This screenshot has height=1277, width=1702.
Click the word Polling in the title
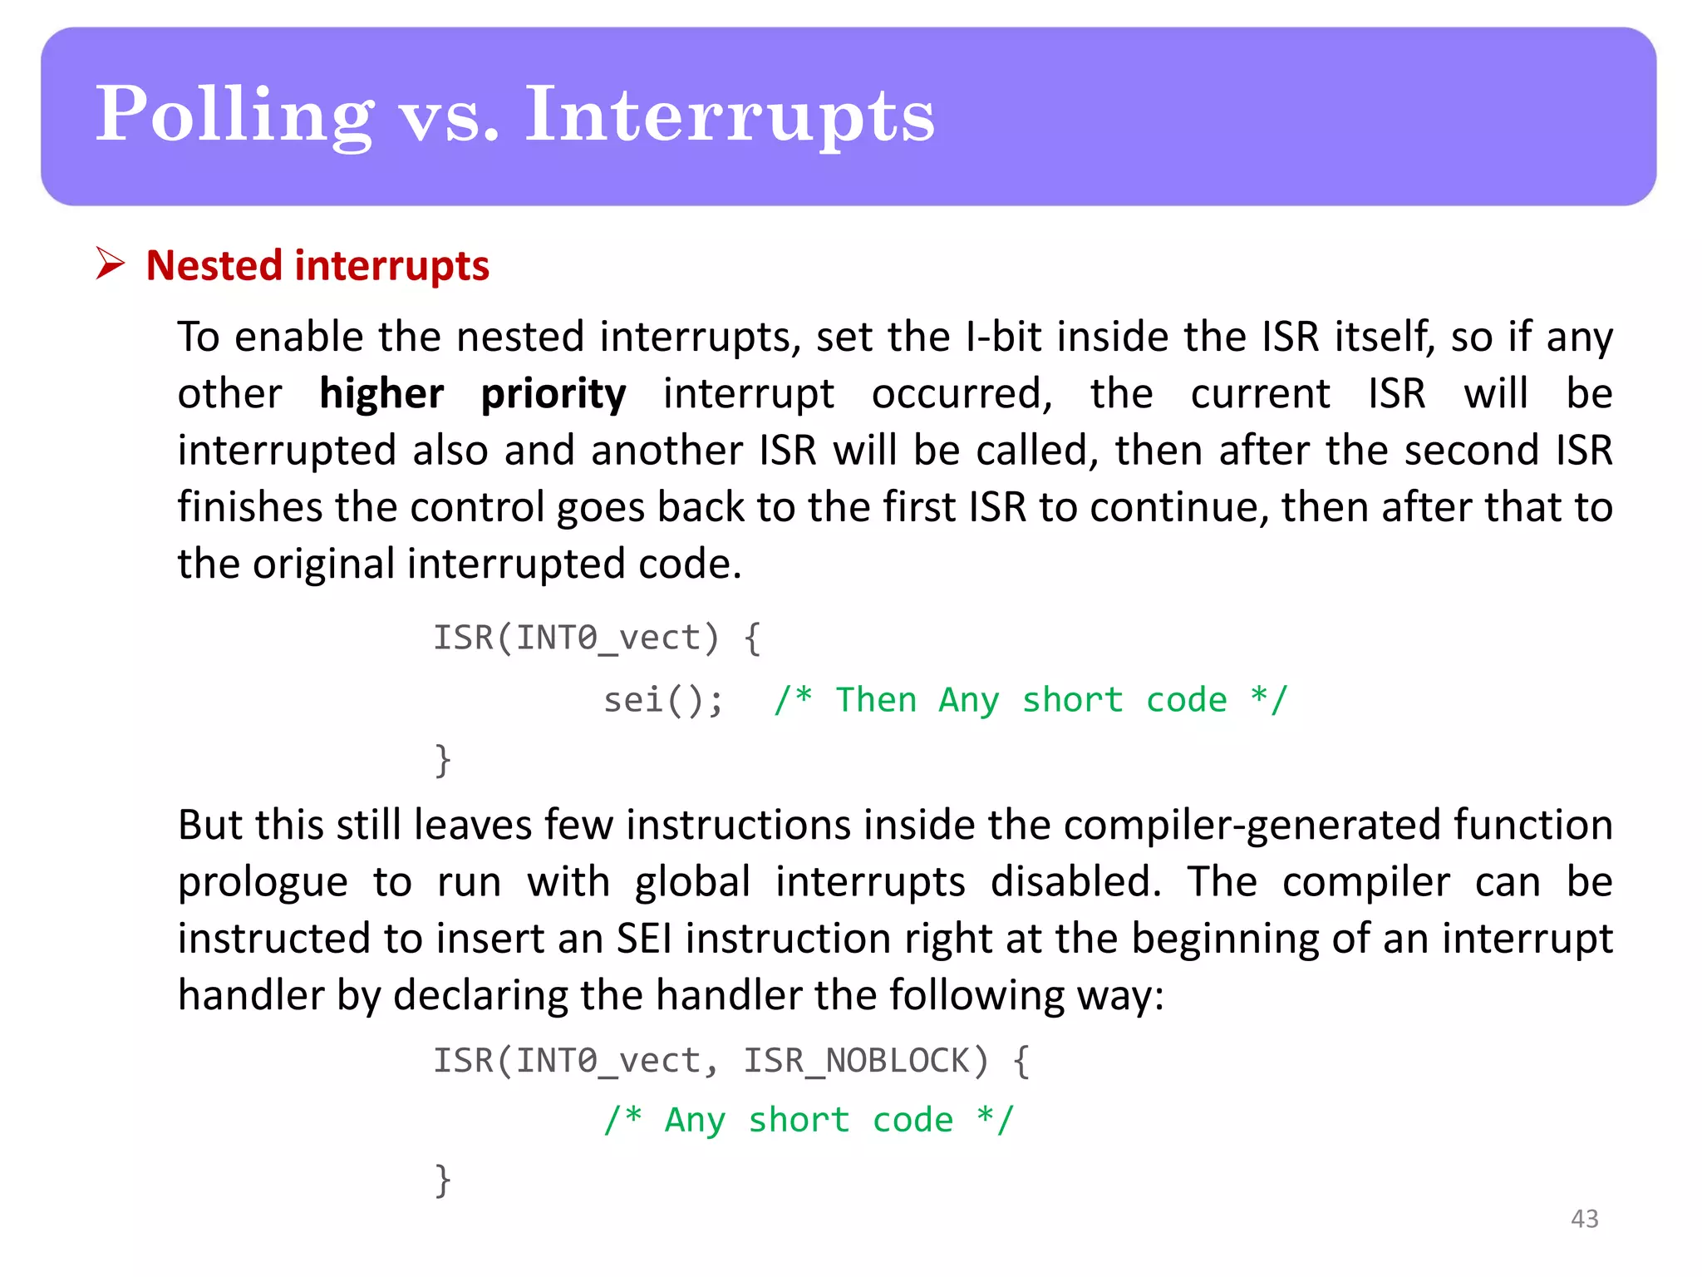[x=234, y=116]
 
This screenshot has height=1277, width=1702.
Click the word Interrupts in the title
[x=730, y=116]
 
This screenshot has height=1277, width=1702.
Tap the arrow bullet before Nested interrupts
[x=110, y=264]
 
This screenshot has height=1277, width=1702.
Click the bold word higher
[x=381, y=393]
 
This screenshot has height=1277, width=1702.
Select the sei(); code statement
[x=662, y=700]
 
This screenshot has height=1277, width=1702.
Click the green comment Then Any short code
[x=1030, y=700]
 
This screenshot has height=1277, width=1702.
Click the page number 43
[x=1584, y=1219]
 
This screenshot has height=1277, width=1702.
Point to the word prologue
[x=263, y=883]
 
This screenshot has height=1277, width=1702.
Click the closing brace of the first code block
[x=443, y=760]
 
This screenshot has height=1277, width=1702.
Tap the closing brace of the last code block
[x=443, y=1180]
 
